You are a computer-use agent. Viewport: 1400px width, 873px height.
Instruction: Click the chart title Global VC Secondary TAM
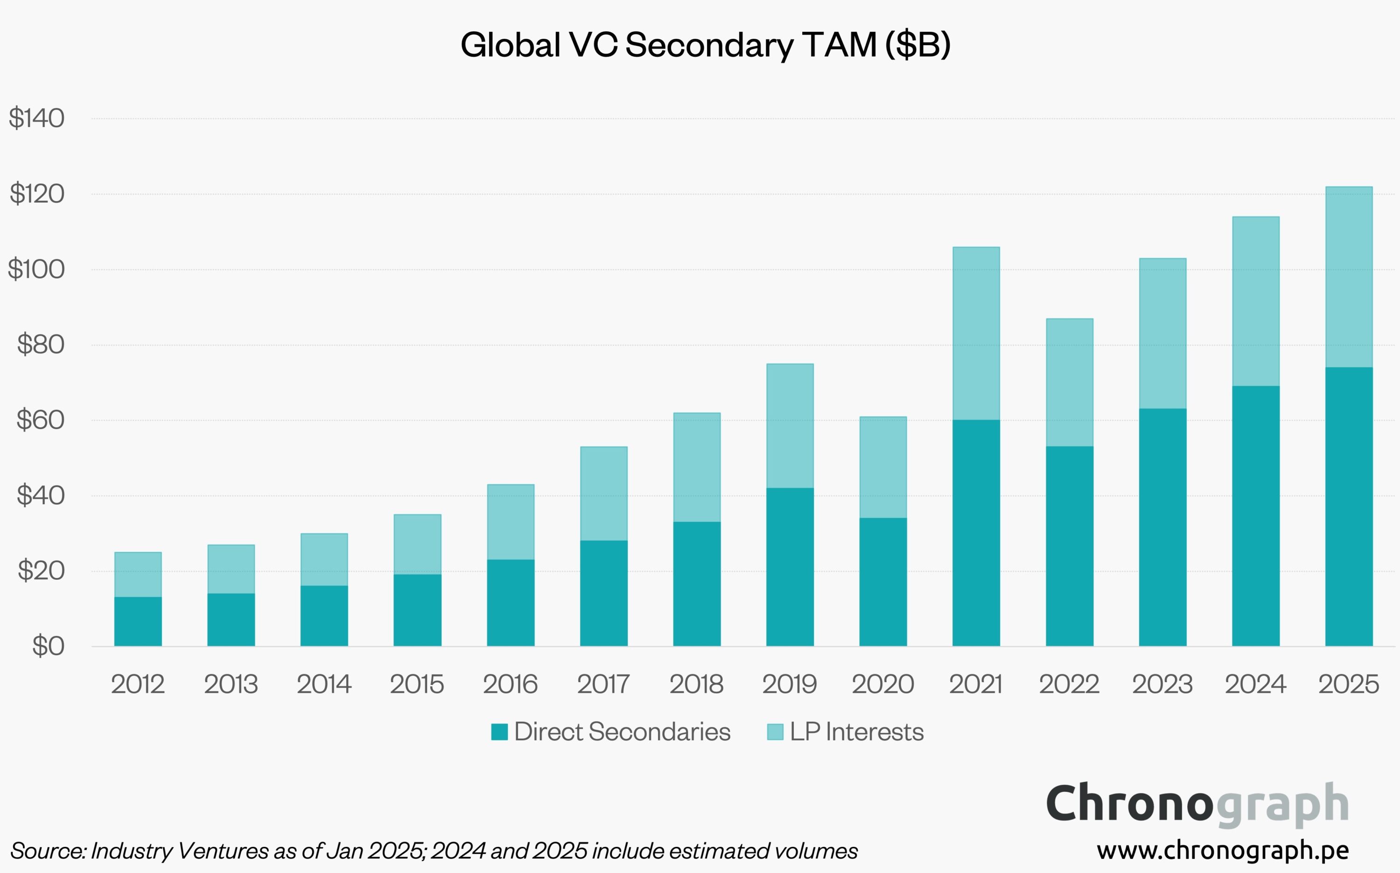705,45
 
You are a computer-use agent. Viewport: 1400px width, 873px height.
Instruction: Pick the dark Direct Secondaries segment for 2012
138,621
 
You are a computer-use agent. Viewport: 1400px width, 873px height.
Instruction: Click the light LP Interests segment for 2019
790,426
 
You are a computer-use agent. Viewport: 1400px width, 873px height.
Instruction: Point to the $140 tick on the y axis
36,119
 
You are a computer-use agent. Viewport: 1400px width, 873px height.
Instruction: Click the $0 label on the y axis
48,646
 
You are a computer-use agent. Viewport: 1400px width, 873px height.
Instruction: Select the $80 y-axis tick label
41,344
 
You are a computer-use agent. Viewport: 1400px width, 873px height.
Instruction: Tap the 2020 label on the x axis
883,684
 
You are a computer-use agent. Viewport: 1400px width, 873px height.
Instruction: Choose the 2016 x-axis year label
510,684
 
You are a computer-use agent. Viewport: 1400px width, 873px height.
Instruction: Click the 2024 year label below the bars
1256,684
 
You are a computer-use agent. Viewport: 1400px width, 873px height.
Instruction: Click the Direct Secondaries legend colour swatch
499,732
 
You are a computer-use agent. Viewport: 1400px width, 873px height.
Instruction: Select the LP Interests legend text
856,732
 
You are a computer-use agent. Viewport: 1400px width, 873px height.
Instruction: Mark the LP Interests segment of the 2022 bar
1069,382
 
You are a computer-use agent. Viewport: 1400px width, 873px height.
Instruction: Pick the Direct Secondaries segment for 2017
603,593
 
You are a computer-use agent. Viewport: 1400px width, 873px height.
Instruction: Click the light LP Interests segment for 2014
324,559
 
